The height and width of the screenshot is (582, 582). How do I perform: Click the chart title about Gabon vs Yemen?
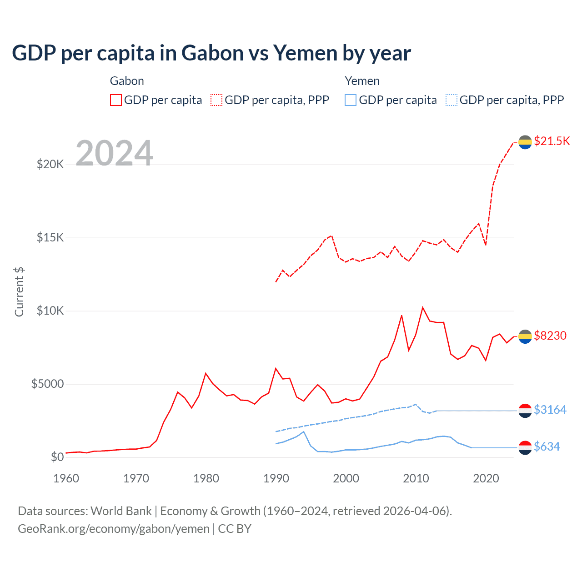pyautogui.click(x=211, y=53)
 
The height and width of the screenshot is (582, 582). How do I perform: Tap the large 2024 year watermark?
pyautogui.click(x=114, y=153)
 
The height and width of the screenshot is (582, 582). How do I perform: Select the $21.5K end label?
pyautogui.click(x=552, y=141)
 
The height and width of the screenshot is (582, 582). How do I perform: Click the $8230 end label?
pyautogui.click(x=550, y=336)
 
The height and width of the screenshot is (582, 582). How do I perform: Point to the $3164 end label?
pyautogui.click(x=550, y=410)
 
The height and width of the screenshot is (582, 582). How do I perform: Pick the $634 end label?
pyautogui.click(x=547, y=447)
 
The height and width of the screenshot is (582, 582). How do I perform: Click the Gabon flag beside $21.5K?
pyautogui.click(x=525, y=142)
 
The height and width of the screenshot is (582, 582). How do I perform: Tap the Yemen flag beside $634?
pyautogui.click(x=525, y=447)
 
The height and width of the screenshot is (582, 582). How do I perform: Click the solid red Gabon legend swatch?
pyautogui.click(x=116, y=100)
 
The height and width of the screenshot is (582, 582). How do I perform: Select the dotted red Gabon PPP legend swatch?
pyautogui.click(x=216, y=100)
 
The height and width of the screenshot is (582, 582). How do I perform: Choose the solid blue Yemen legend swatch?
pyautogui.click(x=351, y=100)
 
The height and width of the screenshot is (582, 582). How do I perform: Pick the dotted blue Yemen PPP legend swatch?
pyautogui.click(x=452, y=100)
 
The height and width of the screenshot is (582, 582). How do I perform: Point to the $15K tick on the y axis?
pyautogui.click(x=50, y=237)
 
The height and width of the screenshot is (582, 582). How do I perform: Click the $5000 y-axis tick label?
pyautogui.click(x=47, y=384)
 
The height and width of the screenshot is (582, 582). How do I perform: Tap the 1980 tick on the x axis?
pyautogui.click(x=206, y=478)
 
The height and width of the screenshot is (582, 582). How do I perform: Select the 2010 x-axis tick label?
pyautogui.click(x=416, y=478)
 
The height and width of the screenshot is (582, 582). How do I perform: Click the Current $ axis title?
pyautogui.click(x=19, y=292)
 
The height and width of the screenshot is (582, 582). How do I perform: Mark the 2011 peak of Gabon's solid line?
pyautogui.click(x=423, y=308)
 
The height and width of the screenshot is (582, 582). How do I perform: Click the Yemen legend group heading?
pyautogui.click(x=362, y=81)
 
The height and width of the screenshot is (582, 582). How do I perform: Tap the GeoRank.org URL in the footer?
pyautogui.click(x=114, y=529)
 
